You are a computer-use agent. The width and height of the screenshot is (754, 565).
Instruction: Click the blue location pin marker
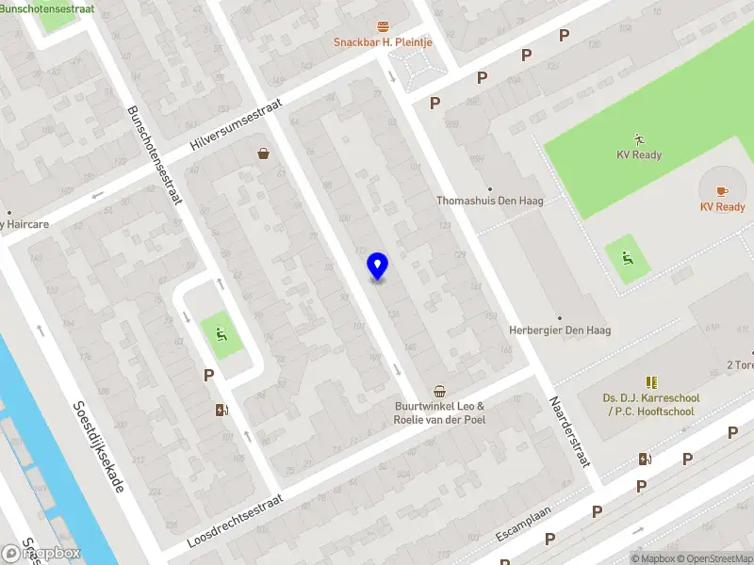click(x=377, y=266)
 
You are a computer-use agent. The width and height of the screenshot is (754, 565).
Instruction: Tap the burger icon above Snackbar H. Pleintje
click(x=383, y=26)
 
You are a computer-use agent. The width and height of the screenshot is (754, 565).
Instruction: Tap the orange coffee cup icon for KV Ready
click(x=722, y=190)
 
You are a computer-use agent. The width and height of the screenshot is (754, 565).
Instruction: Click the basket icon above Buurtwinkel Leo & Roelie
click(x=439, y=391)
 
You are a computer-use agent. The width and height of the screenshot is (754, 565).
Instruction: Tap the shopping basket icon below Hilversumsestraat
click(x=263, y=153)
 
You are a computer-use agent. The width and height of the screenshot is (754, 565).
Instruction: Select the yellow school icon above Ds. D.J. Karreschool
click(x=650, y=382)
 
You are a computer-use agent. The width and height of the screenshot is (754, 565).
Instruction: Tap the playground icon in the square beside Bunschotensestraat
click(x=220, y=331)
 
